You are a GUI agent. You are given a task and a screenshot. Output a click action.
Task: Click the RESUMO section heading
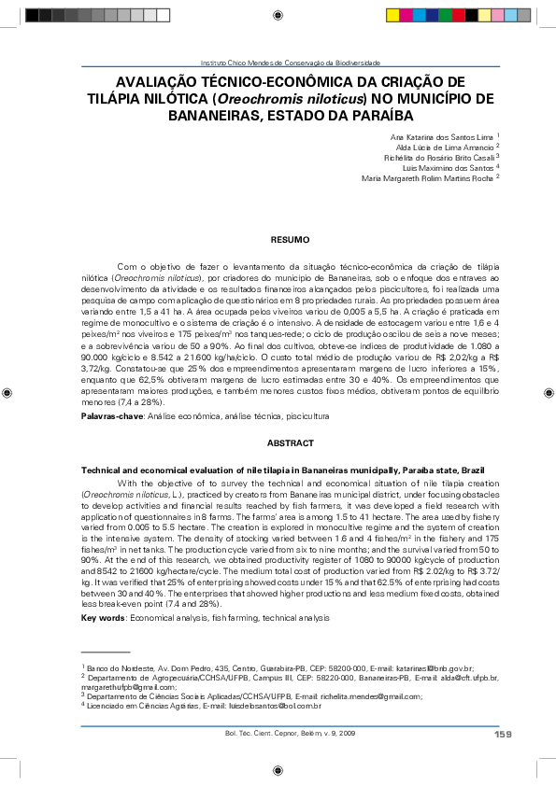pos(283,240)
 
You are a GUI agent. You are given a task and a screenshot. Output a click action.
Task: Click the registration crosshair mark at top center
pos(279,15)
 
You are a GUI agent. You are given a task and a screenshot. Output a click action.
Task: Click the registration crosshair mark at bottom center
pos(279,771)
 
